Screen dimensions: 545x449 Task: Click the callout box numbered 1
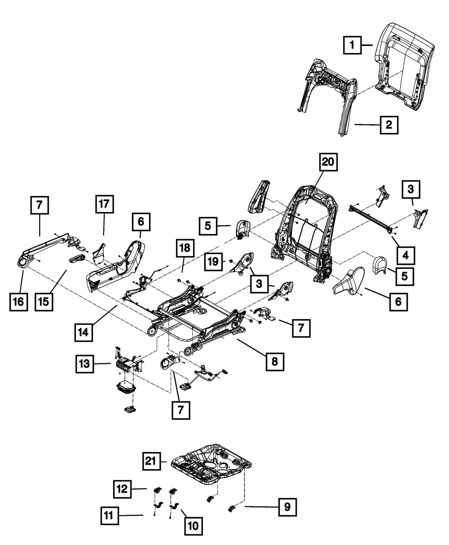coord(352,45)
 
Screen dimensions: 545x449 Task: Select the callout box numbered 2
coord(389,125)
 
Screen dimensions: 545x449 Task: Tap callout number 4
coord(405,255)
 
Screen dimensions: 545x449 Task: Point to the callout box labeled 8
coord(275,360)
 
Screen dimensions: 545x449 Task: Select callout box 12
coord(122,488)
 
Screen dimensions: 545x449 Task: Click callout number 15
coord(44,301)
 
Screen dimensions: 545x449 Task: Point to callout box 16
coord(18,301)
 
